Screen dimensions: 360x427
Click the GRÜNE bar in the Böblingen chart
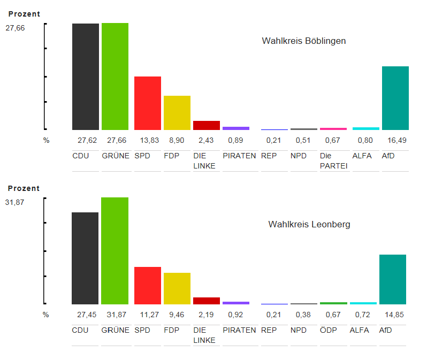pos(115,76)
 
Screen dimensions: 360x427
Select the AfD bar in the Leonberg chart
pos(393,279)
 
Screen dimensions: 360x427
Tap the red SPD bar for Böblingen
pos(147,103)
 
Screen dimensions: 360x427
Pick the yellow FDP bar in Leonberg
pos(177,288)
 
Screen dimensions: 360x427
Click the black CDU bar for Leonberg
pos(85,258)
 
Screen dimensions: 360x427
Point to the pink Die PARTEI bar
pos(333,129)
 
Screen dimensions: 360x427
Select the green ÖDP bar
pos(333,303)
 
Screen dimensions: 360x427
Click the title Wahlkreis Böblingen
pos(303,41)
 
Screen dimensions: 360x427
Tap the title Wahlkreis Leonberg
pos(309,225)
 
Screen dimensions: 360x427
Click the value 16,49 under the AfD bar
pos(395,141)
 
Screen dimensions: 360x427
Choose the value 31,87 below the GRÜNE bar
pos(115,315)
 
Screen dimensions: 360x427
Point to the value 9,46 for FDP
pos(177,315)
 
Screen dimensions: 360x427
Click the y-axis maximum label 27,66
pos(15,28)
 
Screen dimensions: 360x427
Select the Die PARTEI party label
pos(333,161)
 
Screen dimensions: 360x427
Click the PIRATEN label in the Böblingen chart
pos(239,156)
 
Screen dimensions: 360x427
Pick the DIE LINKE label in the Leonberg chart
pos(204,335)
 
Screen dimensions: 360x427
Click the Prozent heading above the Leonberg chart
pos(24,189)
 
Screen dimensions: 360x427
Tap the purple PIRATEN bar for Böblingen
pos(236,128)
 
